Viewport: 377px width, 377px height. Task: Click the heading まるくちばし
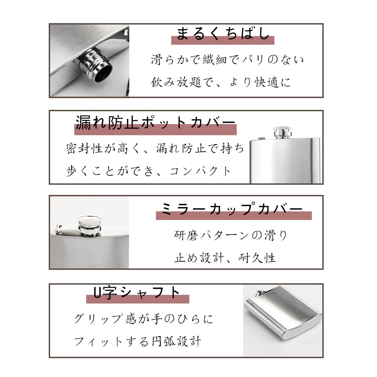(223, 34)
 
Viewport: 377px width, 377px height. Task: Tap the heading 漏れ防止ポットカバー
(155, 123)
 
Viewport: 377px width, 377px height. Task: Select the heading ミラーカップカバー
(232, 209)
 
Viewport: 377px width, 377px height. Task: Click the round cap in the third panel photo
(90, 226)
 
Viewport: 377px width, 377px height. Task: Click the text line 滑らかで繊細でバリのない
(227, 60)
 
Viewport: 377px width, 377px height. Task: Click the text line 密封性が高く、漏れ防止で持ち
(155, 148)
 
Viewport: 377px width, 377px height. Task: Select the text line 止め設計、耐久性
(225, 258)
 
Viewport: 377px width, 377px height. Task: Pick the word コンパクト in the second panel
(201, 171)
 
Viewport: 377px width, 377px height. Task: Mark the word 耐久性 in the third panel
(257, 258)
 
